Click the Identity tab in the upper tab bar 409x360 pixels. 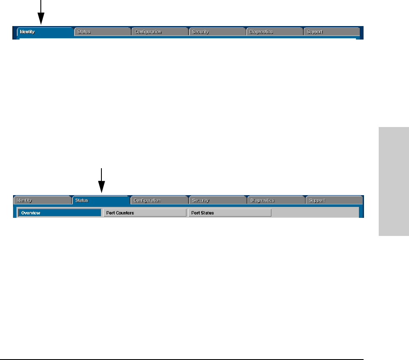click(45, 32)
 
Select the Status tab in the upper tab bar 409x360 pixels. click(102, 32)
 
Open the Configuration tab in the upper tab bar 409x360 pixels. click(160, 32)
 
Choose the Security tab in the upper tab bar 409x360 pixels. click(217, 32)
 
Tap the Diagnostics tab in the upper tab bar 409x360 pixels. click(274, 32)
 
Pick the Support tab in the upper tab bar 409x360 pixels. click(332, 32)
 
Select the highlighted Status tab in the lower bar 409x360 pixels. click(100, 200)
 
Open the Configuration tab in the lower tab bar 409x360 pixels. click(159, 200)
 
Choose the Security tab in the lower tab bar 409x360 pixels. click(217, 200)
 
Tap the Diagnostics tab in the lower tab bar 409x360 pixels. click(275, 200)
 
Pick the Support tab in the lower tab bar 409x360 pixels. click(334, 200)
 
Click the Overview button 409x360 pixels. click(59, 213)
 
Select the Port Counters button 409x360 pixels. click(144, 213)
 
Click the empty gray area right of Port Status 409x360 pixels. click(315, 213)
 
